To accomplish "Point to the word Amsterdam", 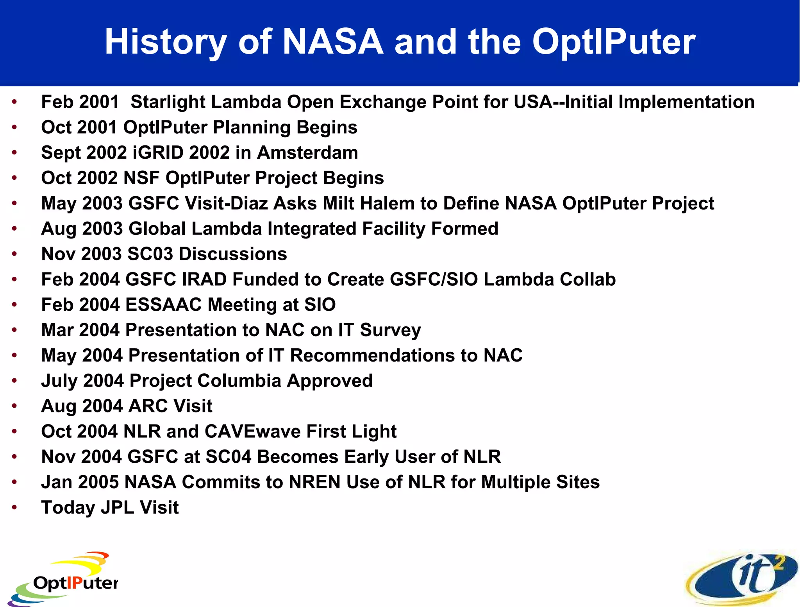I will (x=307, y=152).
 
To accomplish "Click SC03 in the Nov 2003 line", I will (x=150, y=254).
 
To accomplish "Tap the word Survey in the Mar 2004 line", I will (x=390, y=330).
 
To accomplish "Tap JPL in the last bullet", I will (x=117, y=508).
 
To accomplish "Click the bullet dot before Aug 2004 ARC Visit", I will (x=14, y=406).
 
